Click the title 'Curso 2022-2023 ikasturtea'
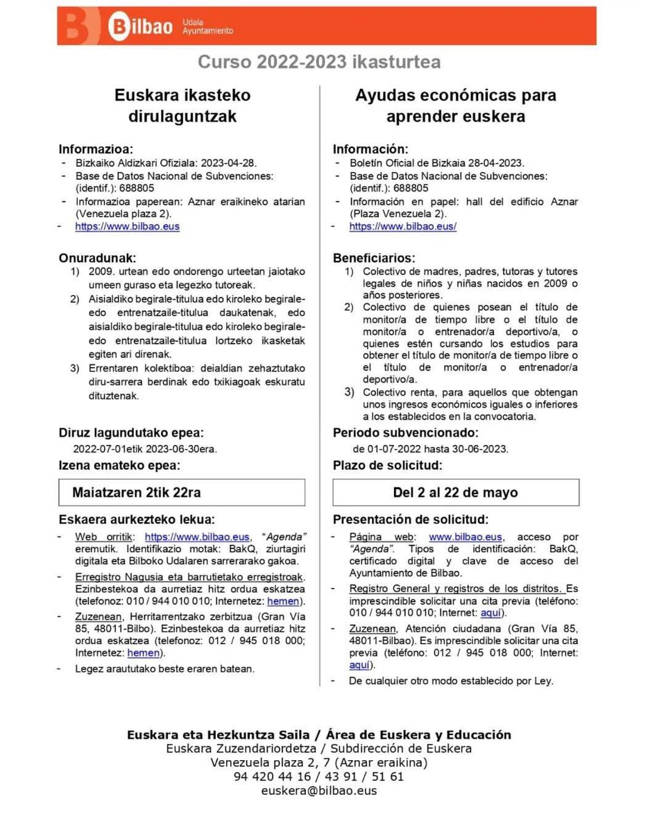pos(319,62)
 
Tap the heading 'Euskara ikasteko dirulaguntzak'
pos(182,106)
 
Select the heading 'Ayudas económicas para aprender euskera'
pos(456,106)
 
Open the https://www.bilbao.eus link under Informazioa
pos(127,226)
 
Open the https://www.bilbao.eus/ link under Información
pos(402,226)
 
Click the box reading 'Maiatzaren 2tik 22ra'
pos(182,492)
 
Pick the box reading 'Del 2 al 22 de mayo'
pos(456,492)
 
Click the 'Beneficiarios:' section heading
pos(374,258)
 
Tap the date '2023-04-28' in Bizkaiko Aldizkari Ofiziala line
pos(229,163)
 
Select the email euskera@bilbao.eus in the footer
pos(319,791)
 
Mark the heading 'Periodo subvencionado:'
pos(396,433)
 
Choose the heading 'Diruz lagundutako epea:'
pos(131,433)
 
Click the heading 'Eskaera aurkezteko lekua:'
pos(137,519)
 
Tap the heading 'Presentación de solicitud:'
pos(411,519)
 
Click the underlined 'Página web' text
pos(381,537)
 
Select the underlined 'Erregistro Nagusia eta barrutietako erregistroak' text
pos(190,577)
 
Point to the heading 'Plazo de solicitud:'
pos(387,465)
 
